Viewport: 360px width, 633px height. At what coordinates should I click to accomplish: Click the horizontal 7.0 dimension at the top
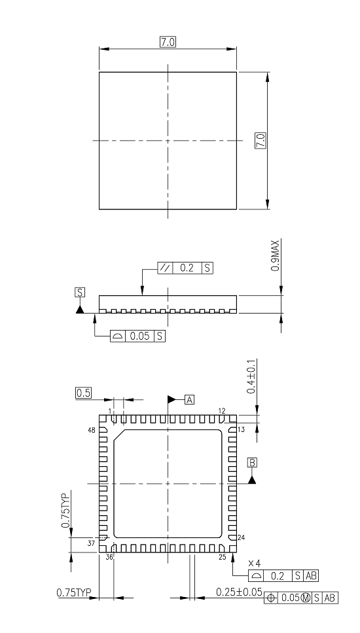click(168, 43)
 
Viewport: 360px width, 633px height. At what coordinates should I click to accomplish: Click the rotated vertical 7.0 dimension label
click(261, 140)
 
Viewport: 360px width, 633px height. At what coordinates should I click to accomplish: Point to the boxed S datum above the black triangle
click(80, 292)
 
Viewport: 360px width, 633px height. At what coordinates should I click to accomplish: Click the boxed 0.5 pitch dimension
click(83, 393)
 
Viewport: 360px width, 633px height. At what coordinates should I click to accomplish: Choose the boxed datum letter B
click(252, 462)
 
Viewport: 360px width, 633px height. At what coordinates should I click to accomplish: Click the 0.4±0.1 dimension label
click(251, 376)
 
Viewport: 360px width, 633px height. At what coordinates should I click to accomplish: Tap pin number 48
click(92, 431)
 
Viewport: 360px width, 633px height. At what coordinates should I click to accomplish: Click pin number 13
click(241, 430)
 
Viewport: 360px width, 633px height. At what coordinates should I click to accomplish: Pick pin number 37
click(92, 543)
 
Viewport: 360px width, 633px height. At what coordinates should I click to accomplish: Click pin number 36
click(109, 557)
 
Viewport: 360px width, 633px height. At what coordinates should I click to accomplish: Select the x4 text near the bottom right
click(254, 564)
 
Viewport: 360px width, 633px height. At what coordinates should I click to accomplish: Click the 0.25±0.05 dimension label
click(239, 592)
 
